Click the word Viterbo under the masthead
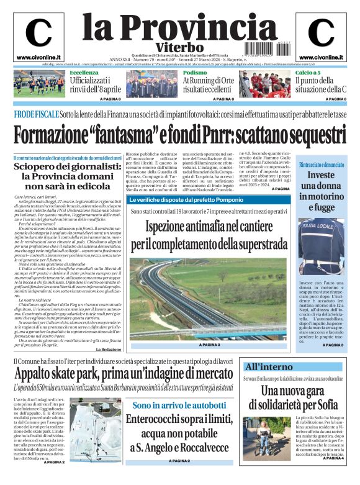pos(180,47)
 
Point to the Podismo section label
pos(194,73)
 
